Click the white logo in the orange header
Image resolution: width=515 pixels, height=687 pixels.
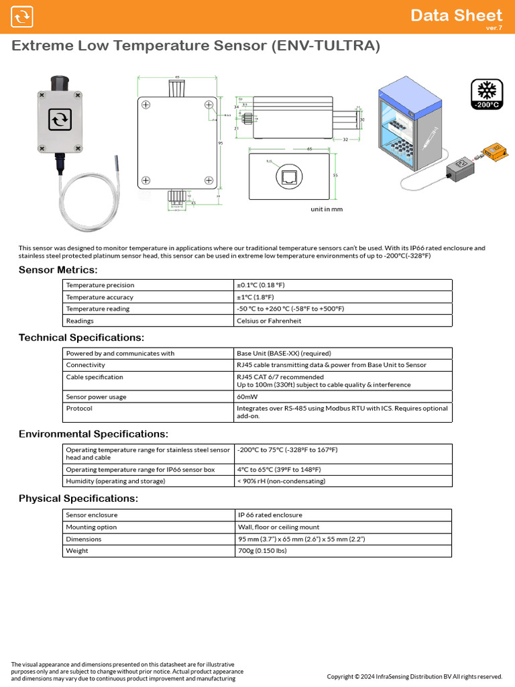pos(22,17)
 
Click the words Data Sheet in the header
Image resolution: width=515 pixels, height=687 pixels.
pos(456,15)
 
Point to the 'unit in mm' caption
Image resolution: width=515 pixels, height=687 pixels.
pos(326,209)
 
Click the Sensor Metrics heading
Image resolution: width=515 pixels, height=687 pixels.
pos(58,270)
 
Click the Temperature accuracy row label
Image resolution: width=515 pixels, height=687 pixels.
pos(99,297)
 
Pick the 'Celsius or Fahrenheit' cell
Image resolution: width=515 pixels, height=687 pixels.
pos(269,321)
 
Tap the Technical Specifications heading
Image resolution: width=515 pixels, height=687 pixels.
pos(81,337)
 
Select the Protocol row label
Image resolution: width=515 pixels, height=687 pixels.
pos(79,408)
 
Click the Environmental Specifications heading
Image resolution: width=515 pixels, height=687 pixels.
pos(93,434)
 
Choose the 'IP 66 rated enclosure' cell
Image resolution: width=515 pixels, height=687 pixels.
pos(270,515)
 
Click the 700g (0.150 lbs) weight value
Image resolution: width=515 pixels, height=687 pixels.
pos(262,551)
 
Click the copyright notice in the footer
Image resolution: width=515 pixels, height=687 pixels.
pos(414,676)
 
